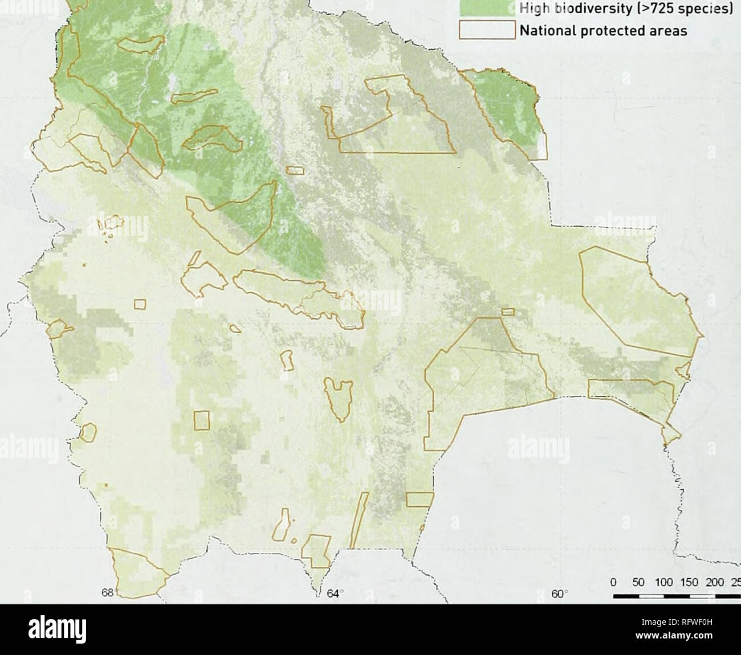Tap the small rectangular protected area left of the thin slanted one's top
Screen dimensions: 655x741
tap(420, 500)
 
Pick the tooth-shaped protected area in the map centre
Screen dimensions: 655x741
tap(337, 398)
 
